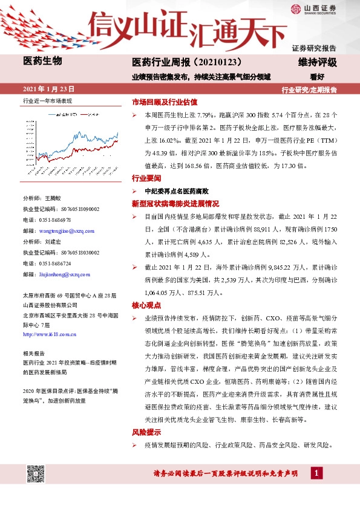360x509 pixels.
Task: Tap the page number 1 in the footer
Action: (315, 473)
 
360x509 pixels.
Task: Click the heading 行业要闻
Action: (146, 179)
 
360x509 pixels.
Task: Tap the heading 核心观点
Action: (146, 306)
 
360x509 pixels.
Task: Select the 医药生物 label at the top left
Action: (42, 60)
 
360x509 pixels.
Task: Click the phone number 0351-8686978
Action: (54, 220)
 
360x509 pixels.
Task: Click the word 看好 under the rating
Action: (318, 77)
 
